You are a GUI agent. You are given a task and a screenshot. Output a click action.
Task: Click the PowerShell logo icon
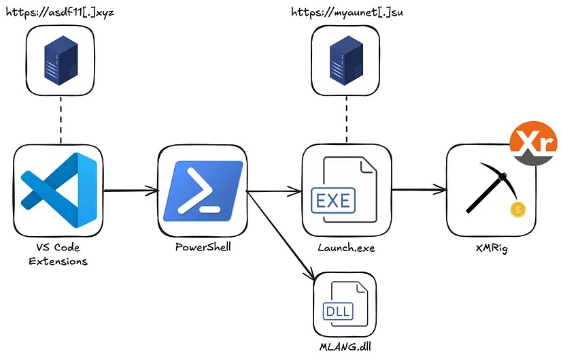pos(203,189)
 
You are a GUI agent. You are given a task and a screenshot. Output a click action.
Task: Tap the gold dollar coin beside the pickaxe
pos(518,210)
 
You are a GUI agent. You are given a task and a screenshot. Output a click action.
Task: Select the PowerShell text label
pos(203,247)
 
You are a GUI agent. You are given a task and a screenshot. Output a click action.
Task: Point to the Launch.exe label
pos(345,248)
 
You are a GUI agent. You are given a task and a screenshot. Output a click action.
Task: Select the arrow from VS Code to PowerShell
pos(130,191)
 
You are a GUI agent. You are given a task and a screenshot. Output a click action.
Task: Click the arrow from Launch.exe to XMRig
pos(418,190)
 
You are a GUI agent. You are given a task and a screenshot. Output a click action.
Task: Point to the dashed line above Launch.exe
pos(346,118)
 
